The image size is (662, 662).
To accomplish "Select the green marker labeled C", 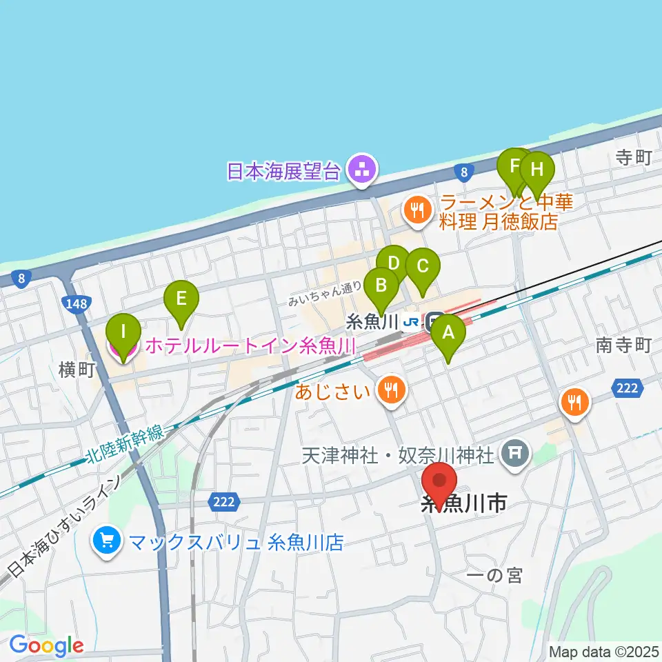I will (x=423, y=265).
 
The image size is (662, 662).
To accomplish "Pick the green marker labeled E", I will (x=181, y=299).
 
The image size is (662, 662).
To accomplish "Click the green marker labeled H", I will (x=538, y=169).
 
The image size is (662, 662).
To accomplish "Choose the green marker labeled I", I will (x=123, y=332).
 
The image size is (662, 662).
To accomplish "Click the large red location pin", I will (x=439, y=481).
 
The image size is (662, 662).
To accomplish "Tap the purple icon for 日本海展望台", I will (x=361, y=170).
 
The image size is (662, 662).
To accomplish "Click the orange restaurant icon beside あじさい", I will (x=392, y=392).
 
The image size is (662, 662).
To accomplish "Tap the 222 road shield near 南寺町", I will (x=627, y=389).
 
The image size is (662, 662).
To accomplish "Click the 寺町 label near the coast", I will (x=634, y=158).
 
